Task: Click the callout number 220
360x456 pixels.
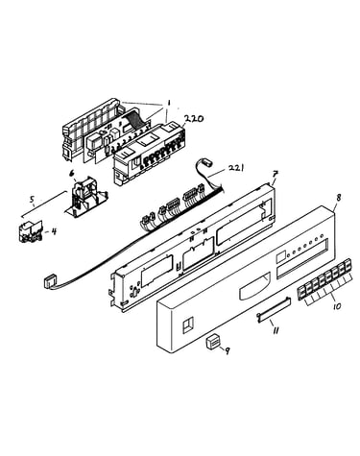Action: [x=193, y=119]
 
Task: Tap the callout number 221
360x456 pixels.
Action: [x=236, y=168]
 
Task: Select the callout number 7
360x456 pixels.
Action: [x=275, y=175]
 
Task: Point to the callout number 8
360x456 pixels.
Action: [x=339, y=198]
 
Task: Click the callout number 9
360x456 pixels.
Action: [x=227, y=351]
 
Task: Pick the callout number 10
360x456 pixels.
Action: [x=337, y=306]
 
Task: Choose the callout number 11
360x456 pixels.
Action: [x=276, y=330]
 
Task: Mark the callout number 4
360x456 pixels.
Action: [x=54, y=231]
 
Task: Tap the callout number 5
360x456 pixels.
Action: [x=32, y=200]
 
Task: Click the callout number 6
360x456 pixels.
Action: [x=72, y=174]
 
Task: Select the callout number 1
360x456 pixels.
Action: [x=169, y=104]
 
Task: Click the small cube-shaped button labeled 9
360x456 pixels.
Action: [x=213, y=342]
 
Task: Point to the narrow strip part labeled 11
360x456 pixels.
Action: [x=274, y=308]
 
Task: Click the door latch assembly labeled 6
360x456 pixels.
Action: [x=86, y=199]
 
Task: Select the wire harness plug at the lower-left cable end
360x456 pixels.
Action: [x=49, y=283]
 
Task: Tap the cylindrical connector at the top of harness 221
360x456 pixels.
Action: [x=208, y=163]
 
